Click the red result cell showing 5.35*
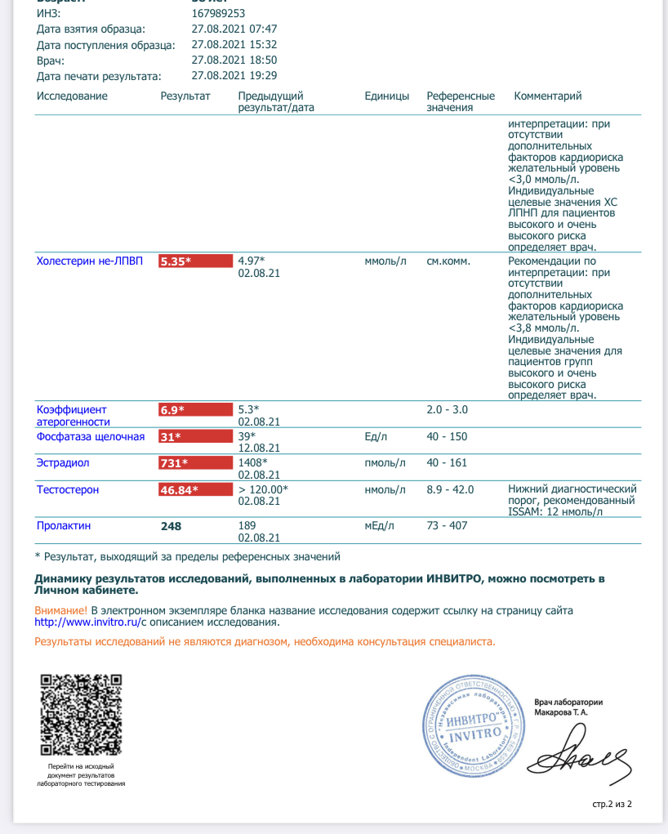pos(195,261)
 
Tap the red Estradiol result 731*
pos(195,463)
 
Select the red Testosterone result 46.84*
pos(195,490)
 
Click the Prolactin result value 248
pos(171,526)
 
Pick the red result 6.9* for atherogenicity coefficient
pos(195,409)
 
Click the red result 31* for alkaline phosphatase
pos(195,437)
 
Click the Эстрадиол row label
pos(63,463)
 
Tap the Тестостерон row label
pos(68,490)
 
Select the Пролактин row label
pos(62,526)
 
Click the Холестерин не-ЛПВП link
pos(90,261)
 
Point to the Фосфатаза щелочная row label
pos(91,437)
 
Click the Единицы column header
pos(387,96)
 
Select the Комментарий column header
pos(547,96)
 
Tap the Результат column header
pos(185,96)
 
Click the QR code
pos(82,714)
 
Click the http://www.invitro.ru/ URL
pos(85,622)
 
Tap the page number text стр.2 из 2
pos(612,805)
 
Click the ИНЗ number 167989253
pos(218,14)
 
